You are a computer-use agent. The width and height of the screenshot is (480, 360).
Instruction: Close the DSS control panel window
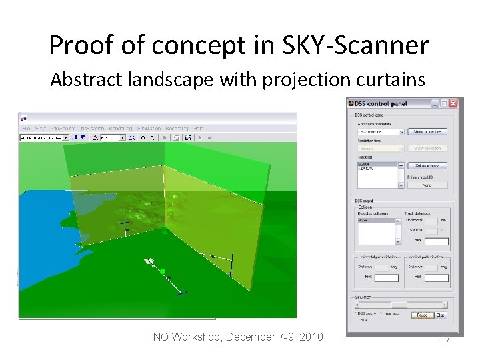[453, 103]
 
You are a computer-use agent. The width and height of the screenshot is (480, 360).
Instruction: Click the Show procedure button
[427, 132]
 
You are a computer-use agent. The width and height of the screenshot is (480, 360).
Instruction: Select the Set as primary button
[427, 165]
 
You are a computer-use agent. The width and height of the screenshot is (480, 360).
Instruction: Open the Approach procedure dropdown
[401, 132]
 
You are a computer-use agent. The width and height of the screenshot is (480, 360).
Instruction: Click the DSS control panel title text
[380, 103]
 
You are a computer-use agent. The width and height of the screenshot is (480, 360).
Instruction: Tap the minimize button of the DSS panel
[435, 103]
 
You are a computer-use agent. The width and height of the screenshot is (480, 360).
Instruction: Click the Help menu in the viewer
[199, 128]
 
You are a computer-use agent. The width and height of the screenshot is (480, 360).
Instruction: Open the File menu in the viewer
[26, 128]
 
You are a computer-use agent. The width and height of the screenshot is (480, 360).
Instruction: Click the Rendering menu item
[121, 128]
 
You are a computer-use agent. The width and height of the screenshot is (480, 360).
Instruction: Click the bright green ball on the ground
[162, 271]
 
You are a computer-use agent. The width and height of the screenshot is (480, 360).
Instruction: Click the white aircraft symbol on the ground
[149, 261]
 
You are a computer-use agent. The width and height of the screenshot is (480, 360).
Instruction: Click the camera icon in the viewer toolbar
[189, 138]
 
